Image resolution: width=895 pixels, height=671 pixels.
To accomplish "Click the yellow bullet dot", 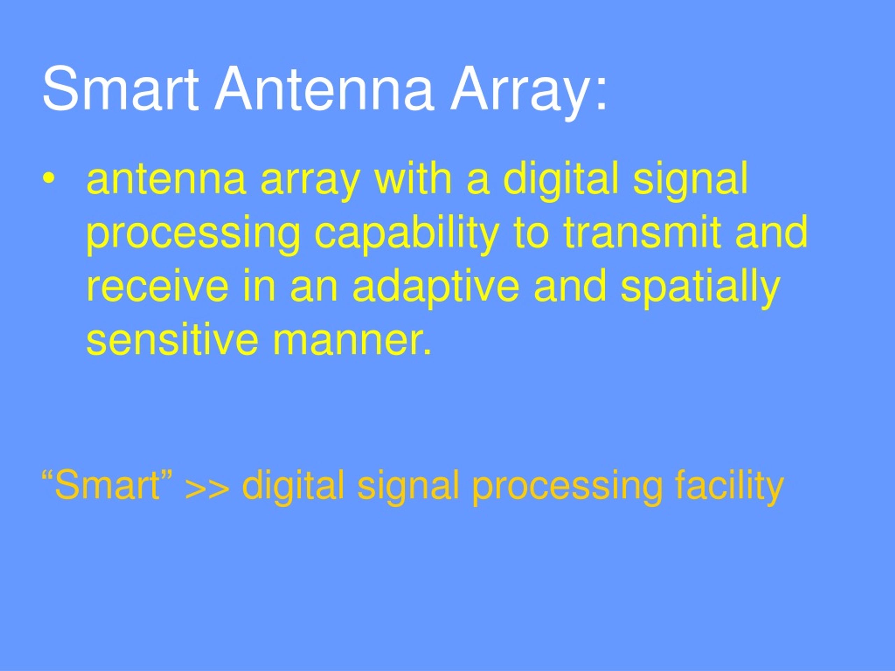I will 49,178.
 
